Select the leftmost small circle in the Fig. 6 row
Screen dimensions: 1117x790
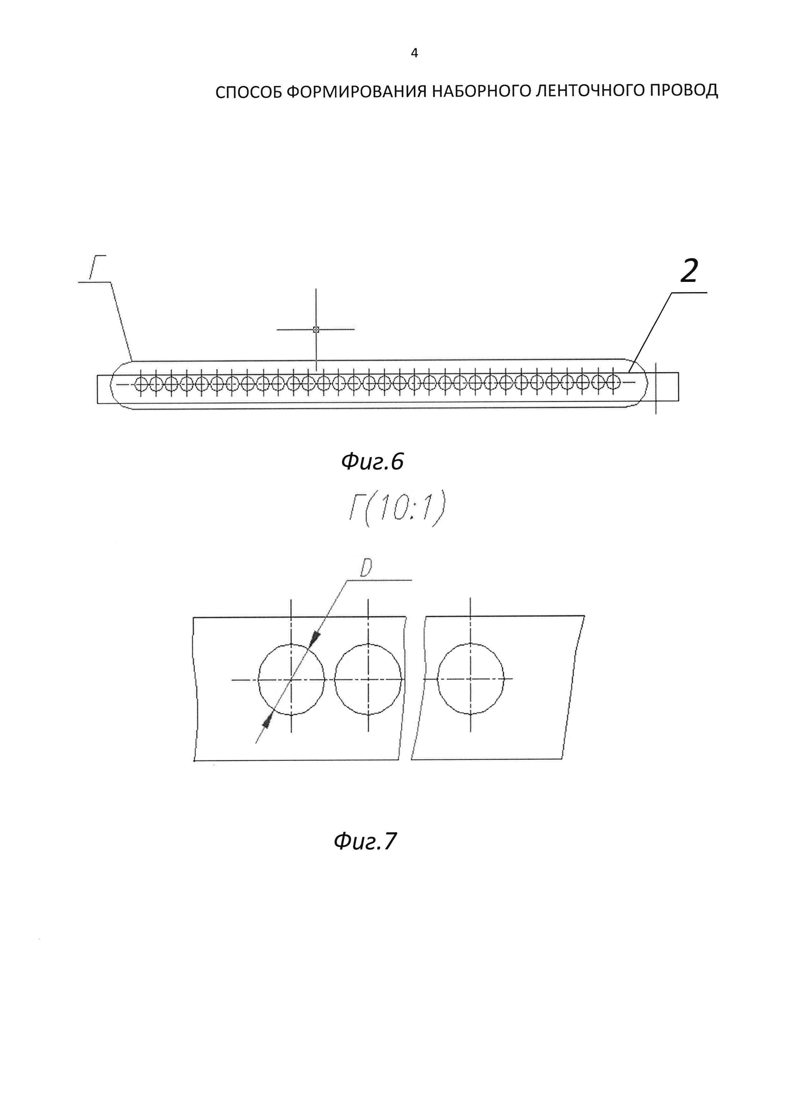(140, 384)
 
